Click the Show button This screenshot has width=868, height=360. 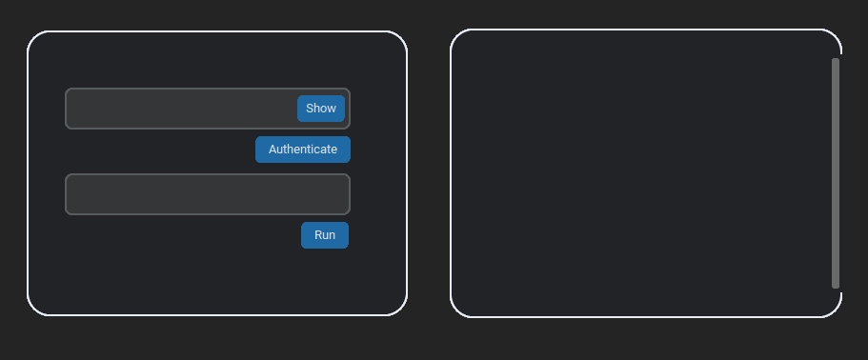pos(321,109)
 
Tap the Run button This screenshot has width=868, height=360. pos(325,235)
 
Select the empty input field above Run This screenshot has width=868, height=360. pos(208,194)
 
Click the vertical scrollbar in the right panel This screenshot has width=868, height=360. pos(836,172)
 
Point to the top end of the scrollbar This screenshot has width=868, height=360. pos(836,60)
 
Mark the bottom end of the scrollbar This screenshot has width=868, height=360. pos(836,286)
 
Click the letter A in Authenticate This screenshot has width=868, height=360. pos(273,150)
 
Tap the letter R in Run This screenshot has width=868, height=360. pos(318,235)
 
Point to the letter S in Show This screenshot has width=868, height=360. pos(310,109)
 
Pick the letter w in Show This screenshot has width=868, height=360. pos(332,109)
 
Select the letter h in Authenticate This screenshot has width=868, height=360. pos(295,150)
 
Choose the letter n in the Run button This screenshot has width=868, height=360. pos(332,235)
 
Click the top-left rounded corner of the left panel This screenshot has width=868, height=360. pos(33,37)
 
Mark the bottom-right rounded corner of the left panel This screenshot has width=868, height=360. pos(401,309)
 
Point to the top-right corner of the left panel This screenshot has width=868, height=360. pos(401,37)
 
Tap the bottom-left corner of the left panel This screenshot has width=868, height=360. pos(33,309)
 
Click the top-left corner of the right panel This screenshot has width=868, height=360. pos(456,35)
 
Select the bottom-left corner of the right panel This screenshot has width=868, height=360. pos(456,310)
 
